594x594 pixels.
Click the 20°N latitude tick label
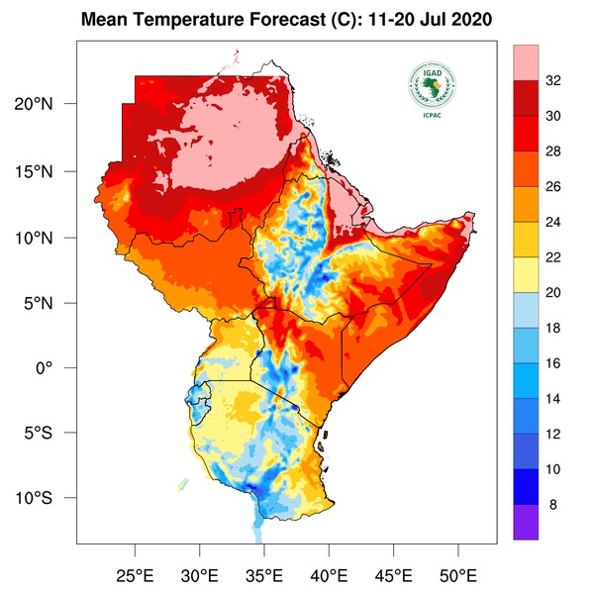[48, 104]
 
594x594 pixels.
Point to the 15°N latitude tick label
[48, 171]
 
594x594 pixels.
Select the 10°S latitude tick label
[48, 498]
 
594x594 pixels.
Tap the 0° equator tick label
[54, 367]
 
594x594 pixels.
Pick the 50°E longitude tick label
[458, 574]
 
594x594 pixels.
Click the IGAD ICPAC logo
[431, 90]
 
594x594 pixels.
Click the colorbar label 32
[554, 81]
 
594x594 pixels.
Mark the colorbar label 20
[554, 292]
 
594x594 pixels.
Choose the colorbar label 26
[554, 186]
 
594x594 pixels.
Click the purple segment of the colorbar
[525, 521]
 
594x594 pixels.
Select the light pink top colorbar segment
[525, 61]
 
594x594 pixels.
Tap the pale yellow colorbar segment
[525, 274]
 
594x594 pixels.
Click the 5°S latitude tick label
[48, 433]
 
